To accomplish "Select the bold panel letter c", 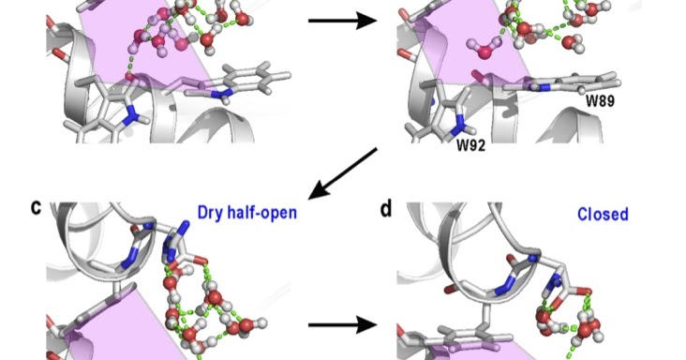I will [36, 207].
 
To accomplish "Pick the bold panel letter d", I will [386, 207].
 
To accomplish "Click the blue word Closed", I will [602, 214].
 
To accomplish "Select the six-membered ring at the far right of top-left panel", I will [246, 77].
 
